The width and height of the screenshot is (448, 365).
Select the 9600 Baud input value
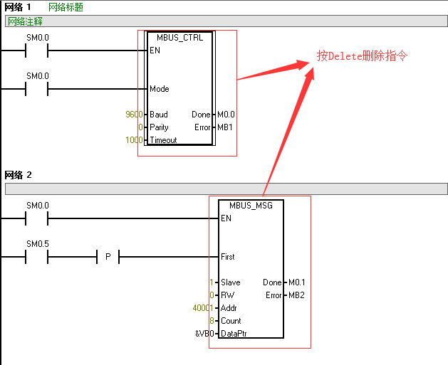point(134,115)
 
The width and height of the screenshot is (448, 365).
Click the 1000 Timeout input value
point(134,140)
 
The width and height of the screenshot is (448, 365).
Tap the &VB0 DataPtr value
point(204,334)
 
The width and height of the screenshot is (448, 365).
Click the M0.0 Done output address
point(226,115)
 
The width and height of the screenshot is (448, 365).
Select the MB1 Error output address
point(225,127)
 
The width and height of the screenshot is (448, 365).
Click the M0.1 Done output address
point(297,282)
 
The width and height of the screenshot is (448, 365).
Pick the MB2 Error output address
point(296,295)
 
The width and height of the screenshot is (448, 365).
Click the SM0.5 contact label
point(38,244)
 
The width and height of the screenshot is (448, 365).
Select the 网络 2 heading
point(18,175)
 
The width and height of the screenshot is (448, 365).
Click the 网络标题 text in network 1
point(66,7)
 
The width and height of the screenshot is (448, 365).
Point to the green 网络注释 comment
point(25,21)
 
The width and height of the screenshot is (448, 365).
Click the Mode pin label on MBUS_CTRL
point(160,89)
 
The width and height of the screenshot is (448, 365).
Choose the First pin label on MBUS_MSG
point(228,257)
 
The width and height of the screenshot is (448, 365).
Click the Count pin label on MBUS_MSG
point(231,321)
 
